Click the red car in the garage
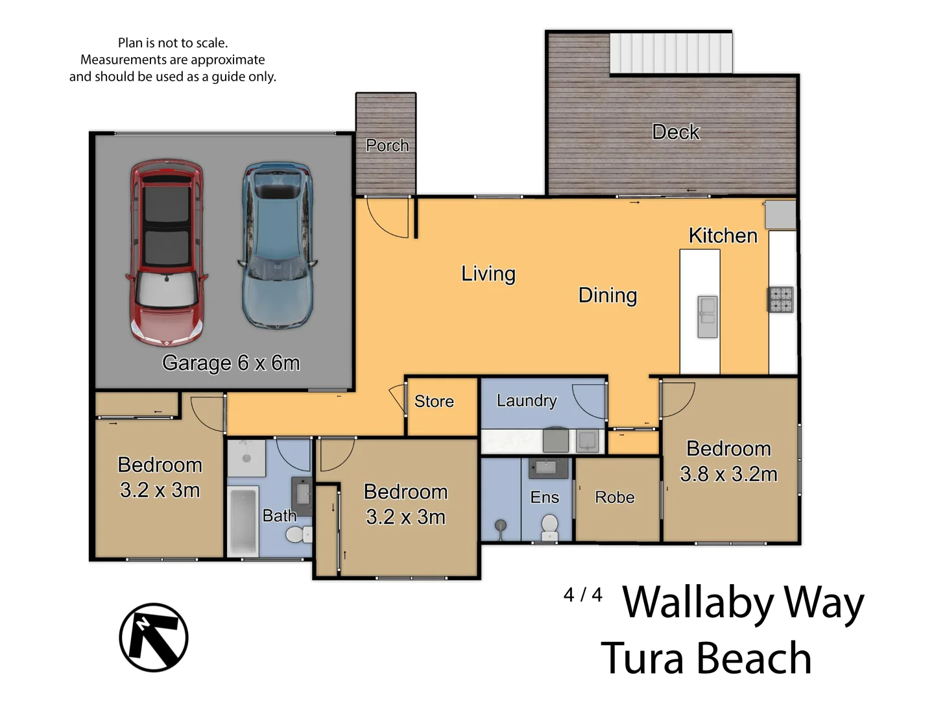click(x=167, y=253)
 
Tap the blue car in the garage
click(x=278, y=247)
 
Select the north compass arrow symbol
click(x=154, y=637)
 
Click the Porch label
click(x=387, y=145)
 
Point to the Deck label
click(x=675, y=132)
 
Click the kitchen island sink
click(x=707, y=317)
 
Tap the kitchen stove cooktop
click(x=781, y=299)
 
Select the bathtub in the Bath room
click(x=243, y=521)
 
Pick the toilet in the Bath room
click(x=296, y=535)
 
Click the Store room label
click(x=434, y=402)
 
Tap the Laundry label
click(x=527, y=401)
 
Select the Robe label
click(x=614, y=497)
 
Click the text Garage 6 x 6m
click(x=231, y=363)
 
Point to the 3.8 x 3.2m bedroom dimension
click(x=728, y=474)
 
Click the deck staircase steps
click(x=671, y=53)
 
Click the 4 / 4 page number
click(x=582, y=595)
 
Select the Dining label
click(x=608, y=295)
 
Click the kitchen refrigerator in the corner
click(x=781, y=215)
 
